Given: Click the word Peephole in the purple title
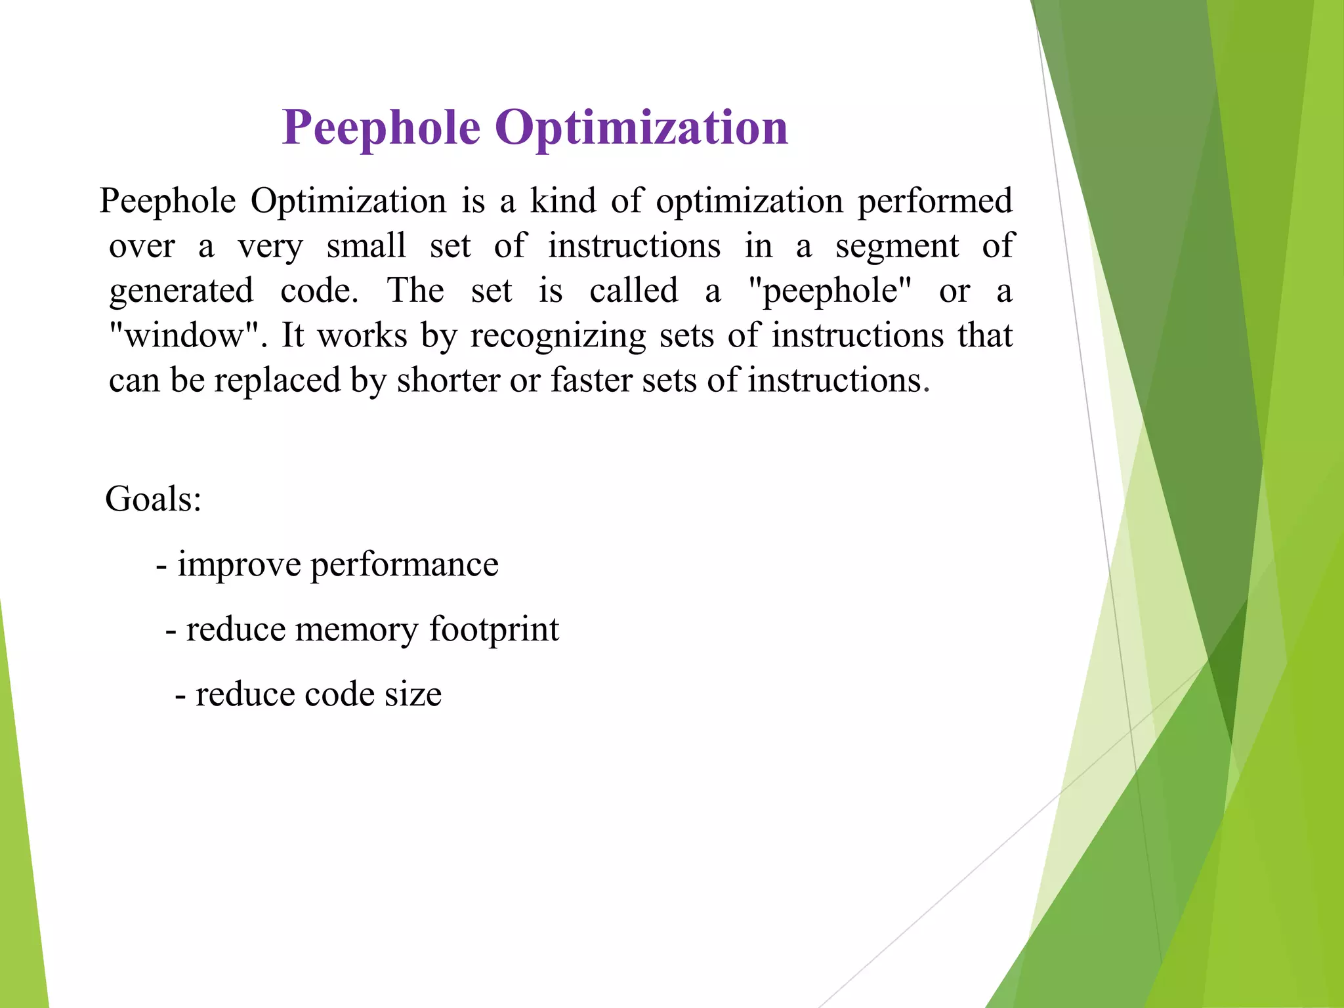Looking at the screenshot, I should pyautogui.click(x=381, y=129).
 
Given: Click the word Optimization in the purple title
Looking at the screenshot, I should pyautogui.click(x=641, y=129).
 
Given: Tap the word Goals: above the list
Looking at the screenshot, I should pyautogui.click(x=153, y=499).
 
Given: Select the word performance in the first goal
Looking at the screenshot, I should pyautogui.click(x=404, y=565).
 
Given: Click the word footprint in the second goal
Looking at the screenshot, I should pyautogui.click(x=493, y=630).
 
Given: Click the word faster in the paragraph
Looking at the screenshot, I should pyautogui.click(x=590, y=381).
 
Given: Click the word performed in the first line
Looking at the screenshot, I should pyautogui.click(x=935, y=201).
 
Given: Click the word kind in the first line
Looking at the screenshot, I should pyautogui.click(x=563, y=201).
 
